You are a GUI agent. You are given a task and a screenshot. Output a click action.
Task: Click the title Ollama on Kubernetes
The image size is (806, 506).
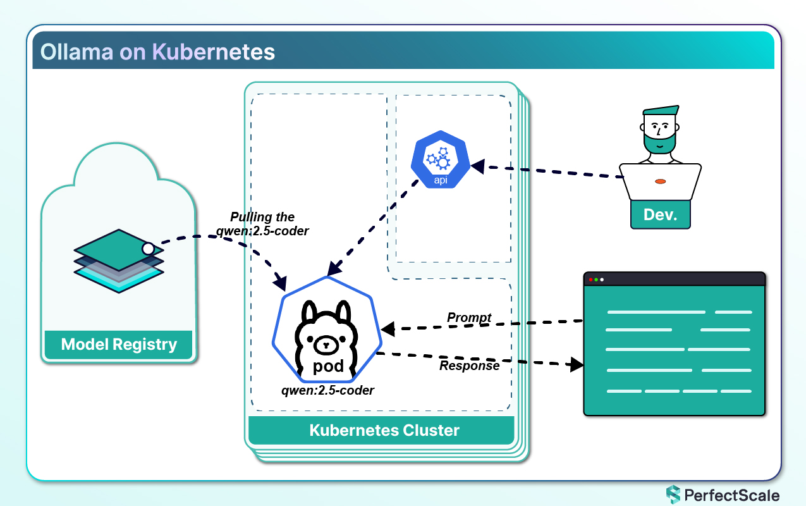[157, 51]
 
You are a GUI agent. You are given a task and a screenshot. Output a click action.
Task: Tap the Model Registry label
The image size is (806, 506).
[119, 345]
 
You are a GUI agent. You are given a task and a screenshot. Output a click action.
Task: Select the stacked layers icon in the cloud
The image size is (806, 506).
[118, 261]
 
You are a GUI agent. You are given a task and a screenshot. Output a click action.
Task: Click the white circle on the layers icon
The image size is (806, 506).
[148, 249]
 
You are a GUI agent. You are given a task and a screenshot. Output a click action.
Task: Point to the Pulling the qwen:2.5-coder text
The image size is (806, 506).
[262, 224]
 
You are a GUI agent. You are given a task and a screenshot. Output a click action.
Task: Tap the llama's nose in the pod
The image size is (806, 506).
[326, 345]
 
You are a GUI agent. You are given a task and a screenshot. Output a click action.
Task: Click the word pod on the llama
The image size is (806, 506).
[329, 367]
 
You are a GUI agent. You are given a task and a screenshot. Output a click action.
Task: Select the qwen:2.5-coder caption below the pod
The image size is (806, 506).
[327, 390]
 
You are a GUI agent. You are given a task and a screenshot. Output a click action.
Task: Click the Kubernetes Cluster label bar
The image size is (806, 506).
[384, 431]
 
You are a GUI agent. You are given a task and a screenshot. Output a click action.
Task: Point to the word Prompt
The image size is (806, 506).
[469, 318]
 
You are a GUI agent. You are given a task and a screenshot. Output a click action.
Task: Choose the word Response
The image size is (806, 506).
[470, 366]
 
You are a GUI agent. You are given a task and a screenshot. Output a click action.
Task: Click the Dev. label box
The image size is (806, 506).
[660, 214]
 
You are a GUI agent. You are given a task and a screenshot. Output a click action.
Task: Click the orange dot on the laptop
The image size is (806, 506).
[660, 182]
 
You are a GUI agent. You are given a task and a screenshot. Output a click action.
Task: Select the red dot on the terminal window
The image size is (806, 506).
[591, 280]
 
